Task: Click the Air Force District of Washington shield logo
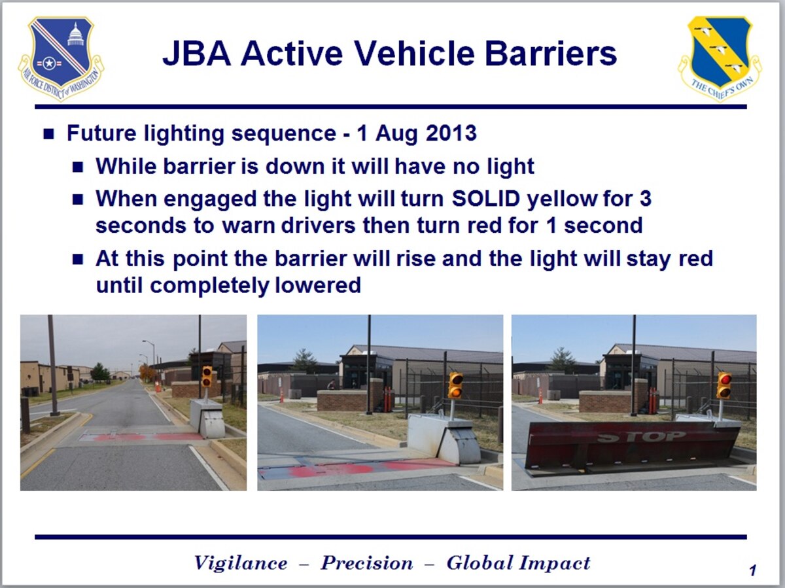click(60, 58)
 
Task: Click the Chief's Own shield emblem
click(720, 58)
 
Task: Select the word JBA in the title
click(195, 54)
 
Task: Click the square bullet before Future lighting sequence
click(49, 134)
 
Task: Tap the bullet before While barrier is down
click(78, 167)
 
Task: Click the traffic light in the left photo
click(207, 376)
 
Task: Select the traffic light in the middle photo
click(455, 385)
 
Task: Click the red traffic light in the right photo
click(724, 385)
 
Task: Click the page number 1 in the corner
click(752, 571)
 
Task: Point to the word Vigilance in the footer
click(240, 563)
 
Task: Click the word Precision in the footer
click(366, 563)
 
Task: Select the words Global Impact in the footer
click(518, 563)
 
